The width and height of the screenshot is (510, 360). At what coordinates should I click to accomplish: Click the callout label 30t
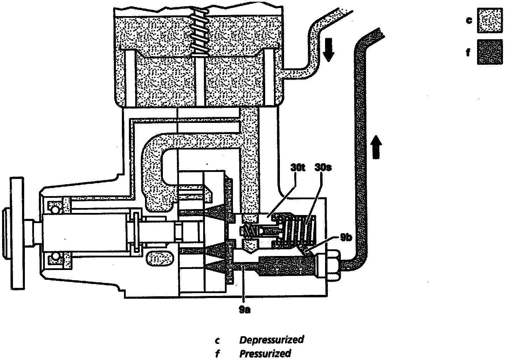click(x=298, y=168)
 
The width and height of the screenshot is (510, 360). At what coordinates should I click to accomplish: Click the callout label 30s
click(x=324, y=168)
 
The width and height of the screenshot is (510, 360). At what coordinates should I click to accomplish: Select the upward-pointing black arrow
click(x=376, y=147)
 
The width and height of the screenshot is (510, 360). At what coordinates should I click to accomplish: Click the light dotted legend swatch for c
click(x=489, y=21)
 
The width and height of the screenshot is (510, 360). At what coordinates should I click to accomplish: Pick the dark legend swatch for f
click(x=489, y=52)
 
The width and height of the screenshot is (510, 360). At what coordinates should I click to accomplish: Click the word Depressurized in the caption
click(x=271, y=339)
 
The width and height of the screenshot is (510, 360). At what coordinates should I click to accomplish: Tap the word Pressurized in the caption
click(x=265, y=353)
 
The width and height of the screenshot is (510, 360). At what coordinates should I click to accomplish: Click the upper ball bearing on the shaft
click(x=55, y=209)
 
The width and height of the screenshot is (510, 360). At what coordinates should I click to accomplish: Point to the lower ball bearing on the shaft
click(x=55, y=258)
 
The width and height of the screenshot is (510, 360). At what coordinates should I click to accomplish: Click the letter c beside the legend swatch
click(x=469, y=20)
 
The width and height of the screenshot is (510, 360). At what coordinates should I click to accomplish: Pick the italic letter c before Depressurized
click(x=218, y=340)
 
